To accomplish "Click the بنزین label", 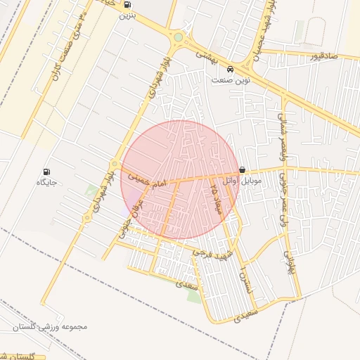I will [127, 15].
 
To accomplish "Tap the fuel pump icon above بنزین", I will [127, 4].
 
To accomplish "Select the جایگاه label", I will [46, 182].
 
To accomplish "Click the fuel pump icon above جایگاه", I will [46, 172].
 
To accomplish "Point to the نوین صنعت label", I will [230, 80].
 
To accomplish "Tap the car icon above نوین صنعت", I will [231, 70].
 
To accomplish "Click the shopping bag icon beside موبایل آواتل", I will [243, 169].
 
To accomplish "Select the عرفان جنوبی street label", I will [131, 217].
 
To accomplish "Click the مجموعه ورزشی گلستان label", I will [49, 327].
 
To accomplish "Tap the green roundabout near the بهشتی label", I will [179, 37].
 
